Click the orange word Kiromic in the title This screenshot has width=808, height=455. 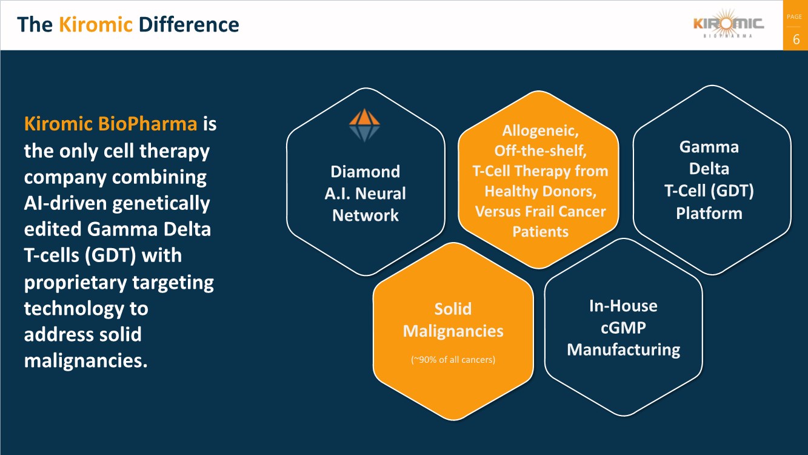click(x=95, y=24)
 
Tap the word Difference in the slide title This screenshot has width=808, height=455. click(x=189, y=24)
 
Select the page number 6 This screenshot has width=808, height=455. click(x=796, y=40)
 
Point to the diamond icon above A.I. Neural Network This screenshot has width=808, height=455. click(x=364, y=125)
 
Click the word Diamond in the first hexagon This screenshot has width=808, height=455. click(x=365, y=172)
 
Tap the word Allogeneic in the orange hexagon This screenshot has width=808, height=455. click(x=539, y=130)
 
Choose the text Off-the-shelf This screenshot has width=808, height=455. click(x=540, y=150)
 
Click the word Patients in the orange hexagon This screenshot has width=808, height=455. click(x=540, y=232)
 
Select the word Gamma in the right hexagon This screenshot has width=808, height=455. click(x=709, y=147)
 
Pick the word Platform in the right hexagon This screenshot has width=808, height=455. click(x=709, y=214)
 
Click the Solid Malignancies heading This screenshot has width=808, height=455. click(x=453, y=320)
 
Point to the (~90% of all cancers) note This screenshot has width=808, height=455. click(x=453, y=360)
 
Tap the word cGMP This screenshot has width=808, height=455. click(x=623, y=328)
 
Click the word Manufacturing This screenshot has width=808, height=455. click(x=623, y=350)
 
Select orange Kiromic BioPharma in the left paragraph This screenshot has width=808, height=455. click(x=110, y=124)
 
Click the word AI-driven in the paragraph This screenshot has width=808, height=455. click(x=67, y=203)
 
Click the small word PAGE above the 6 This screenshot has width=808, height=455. click(x=794, y=17)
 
